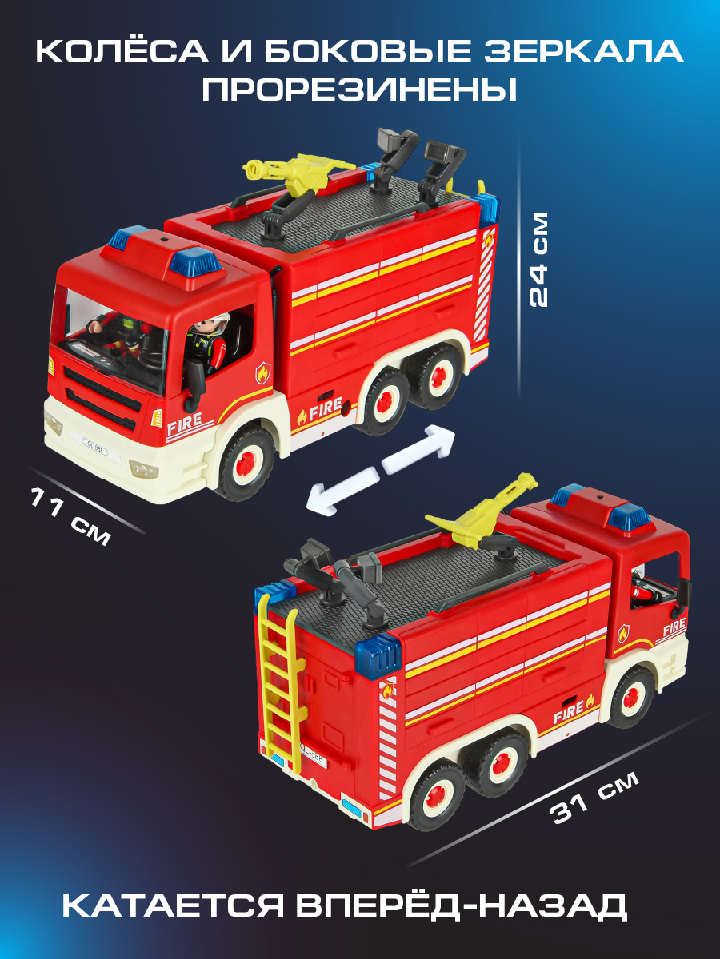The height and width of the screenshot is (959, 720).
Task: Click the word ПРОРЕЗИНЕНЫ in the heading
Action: click(x=359, y=90)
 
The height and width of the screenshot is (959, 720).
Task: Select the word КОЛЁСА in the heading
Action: click(x=122, y=50)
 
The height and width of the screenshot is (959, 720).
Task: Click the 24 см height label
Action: click(x=538, y=260)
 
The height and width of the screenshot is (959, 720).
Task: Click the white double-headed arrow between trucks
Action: click(x=380, y=470)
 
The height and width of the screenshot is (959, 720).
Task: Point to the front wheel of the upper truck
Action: click(x=245, y=464)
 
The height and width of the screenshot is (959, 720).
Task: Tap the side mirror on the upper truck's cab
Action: click(x=195, y=383)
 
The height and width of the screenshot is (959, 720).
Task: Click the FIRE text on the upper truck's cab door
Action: click(x=185, y=423)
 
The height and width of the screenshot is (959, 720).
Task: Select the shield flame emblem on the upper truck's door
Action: click(x=262, y=372)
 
